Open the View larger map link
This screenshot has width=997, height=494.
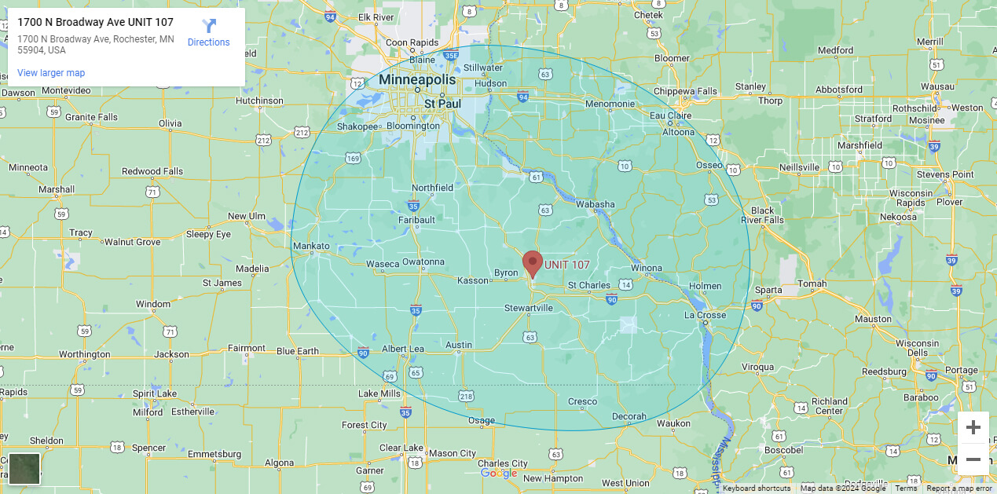click(51, 73)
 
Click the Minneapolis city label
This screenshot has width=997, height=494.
click(416, 80)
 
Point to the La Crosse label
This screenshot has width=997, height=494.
click(705, 315)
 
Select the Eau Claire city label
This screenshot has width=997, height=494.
click(669, 115)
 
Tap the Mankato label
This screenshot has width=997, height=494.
click(311, 246)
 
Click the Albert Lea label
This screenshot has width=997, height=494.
click(402, 349)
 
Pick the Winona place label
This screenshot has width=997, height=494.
click(647, 268)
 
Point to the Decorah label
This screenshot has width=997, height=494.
click(629, 416)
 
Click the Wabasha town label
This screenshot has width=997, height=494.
click(595, 204)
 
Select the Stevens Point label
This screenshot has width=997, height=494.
click(944, 174)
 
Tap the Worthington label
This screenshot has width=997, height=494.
click(84, 354)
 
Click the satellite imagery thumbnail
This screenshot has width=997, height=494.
click(24, 469)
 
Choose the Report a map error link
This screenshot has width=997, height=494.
click(959, 489)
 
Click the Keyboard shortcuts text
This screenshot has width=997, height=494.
click(757, 489)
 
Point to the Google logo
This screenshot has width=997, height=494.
click(498, 473)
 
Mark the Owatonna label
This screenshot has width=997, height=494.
click(423, 262)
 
